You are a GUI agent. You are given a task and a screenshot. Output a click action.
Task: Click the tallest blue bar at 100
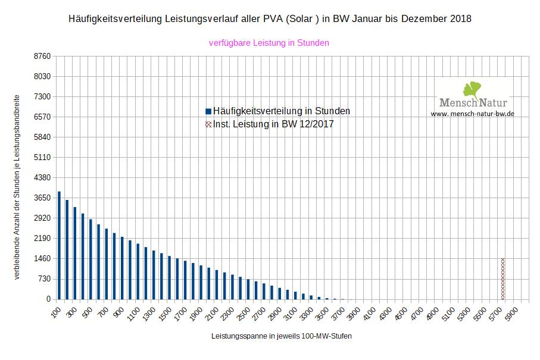(x=59, y=245)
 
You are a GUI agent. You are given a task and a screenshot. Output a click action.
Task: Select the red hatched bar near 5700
(x=502, y=279)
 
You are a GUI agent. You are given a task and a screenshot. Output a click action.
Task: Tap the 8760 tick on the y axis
(x=43, y=56)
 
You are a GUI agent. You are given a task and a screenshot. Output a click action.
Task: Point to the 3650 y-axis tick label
(x=43, y=198)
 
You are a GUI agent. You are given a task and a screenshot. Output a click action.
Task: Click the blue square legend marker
(x=208, y=111)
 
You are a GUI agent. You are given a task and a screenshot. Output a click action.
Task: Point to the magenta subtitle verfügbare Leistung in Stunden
(x=269, y=43)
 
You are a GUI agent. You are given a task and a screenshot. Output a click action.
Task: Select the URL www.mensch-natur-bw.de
(x=472, y=113)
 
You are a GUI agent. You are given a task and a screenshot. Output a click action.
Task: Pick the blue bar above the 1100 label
(x=138, y=271)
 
